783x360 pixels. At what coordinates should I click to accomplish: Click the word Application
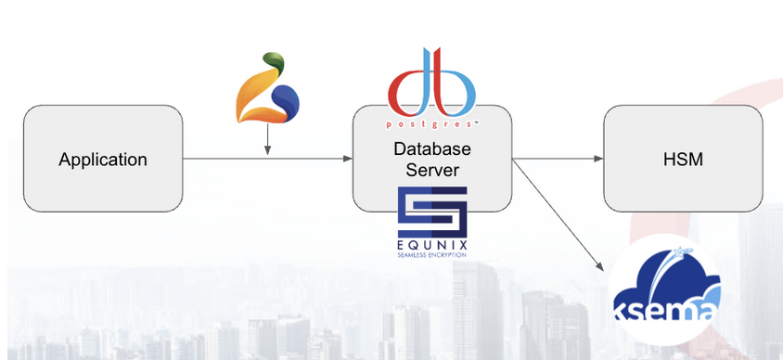pyautogui.click(x=103, y=161)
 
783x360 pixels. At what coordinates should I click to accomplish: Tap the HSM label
pyautogui.click(x=683, y=160)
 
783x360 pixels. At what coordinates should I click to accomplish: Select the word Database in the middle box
pyautogui.click(x=432, y=148)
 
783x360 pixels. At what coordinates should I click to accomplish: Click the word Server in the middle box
pyautogui.click(x=432, y=170)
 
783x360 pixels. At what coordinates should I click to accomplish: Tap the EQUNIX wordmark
pyautogui.click(x=432, y=245)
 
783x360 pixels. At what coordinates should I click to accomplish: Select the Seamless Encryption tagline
pyautogui.click(x=432, y=254)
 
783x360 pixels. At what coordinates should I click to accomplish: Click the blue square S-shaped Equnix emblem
pyautogui.click(x=432, y=212)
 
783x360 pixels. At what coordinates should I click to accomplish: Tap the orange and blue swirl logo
pyautogui.click(x=267, y=87)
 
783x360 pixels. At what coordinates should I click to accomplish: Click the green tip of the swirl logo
pyautogui.click(x=275, y=62)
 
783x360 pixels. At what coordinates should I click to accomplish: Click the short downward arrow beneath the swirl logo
pyautogui.click(x=267, y=139)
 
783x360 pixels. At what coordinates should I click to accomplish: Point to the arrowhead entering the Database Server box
pyautogui.click(x=348, y=159)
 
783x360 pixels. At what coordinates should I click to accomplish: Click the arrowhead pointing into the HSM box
pyautogui.click(x=598, y=159)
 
